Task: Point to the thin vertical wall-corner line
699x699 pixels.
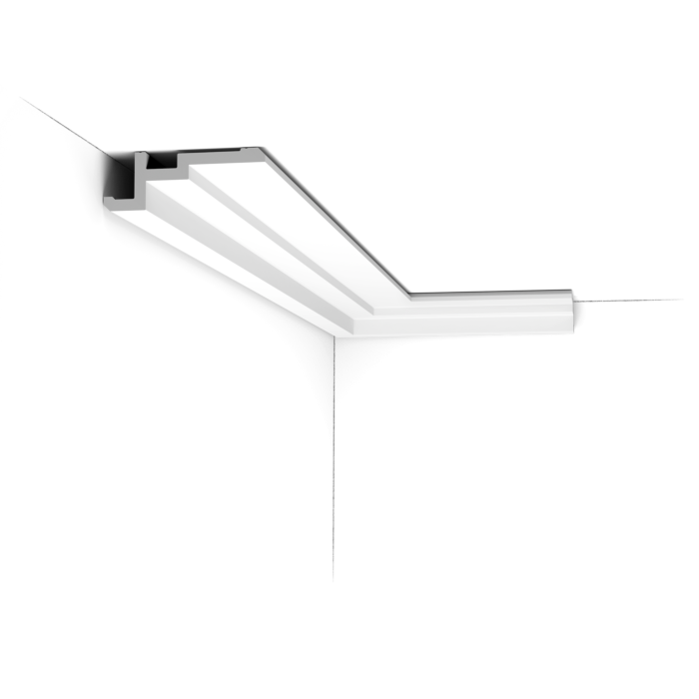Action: point(332,459)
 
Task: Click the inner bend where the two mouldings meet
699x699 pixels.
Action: point(412,294)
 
